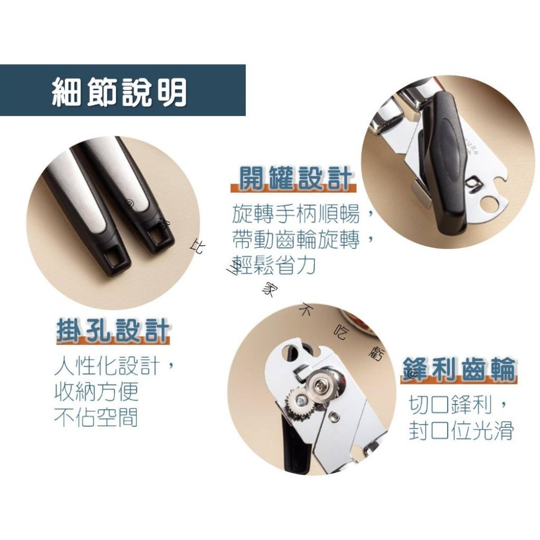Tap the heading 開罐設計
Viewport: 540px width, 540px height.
pos(295,179)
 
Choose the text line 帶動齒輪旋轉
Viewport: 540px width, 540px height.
pos(297,239)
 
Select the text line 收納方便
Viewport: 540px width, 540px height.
pos(96,393)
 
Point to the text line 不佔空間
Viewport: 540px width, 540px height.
pos(96,417)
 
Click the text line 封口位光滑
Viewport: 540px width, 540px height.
pos(461,431)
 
